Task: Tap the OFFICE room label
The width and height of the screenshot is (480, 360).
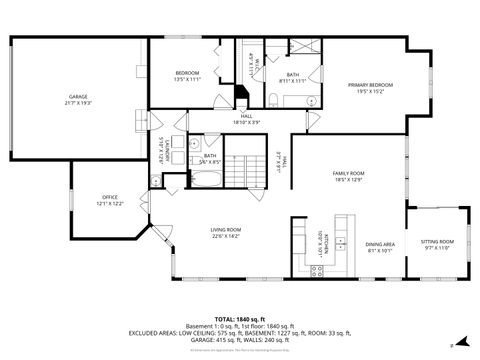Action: (110, 197)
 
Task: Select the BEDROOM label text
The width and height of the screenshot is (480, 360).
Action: (188, 73)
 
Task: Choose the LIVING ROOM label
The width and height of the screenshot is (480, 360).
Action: (227, 231)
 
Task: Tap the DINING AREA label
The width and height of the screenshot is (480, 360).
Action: (379, 245)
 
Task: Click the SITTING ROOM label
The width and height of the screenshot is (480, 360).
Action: (437, 241)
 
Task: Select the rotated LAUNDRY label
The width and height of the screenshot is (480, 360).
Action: (164, 151)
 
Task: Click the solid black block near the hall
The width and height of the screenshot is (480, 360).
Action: (239, 95)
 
